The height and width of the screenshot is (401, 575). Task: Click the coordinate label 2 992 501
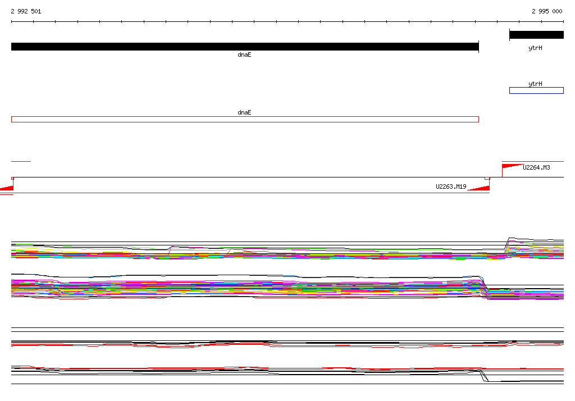(x=26, y=11)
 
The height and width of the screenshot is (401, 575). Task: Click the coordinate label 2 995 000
(x=547, y=11)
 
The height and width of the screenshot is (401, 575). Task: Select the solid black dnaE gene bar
(x=245, y=47)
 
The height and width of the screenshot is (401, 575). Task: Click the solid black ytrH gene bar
(x=536, y=35)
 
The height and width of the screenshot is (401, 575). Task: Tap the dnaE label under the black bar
(x=244, y=54)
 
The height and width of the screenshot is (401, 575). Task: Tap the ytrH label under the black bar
(x=535, y=48)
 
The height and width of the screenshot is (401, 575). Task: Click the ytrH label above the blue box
(x=535, y=84)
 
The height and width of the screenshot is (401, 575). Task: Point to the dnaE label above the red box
(x=244, y=113)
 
